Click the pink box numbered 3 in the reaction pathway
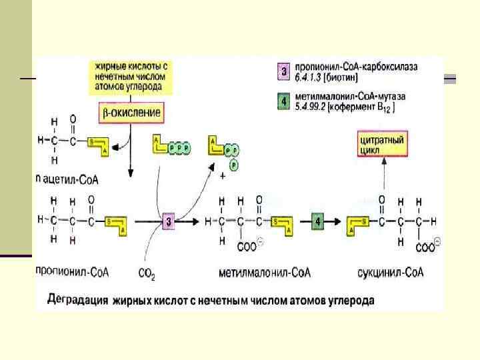169,221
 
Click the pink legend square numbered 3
283,71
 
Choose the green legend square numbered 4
283,101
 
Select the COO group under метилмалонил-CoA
249,247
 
